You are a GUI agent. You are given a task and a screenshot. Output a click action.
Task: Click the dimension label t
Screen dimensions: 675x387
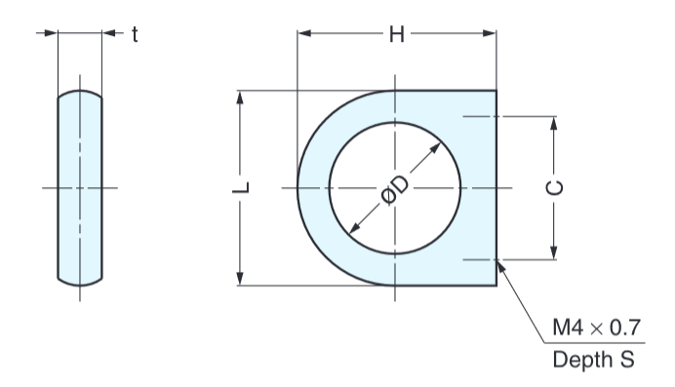click(135, 34)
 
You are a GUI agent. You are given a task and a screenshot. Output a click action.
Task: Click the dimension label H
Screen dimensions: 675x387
click(396, 34)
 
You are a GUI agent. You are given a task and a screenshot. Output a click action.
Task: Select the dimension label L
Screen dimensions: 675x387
click(241, 187)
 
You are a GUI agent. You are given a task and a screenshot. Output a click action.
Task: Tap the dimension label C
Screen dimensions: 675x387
click(554, 188)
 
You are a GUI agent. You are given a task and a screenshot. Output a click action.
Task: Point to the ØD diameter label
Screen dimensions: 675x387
click(395, 190)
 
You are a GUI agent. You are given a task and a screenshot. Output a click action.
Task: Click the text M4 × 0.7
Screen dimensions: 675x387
click(596, 328)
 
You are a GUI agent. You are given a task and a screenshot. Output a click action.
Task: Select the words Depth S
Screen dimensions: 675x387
click(594, 360)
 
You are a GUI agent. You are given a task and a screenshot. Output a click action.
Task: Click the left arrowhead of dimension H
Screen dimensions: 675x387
click(304, 33)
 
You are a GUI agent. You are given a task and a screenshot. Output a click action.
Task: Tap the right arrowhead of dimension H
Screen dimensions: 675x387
click(490, 33)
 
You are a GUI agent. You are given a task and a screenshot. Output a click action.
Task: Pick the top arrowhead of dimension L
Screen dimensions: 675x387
click(240, 97)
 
